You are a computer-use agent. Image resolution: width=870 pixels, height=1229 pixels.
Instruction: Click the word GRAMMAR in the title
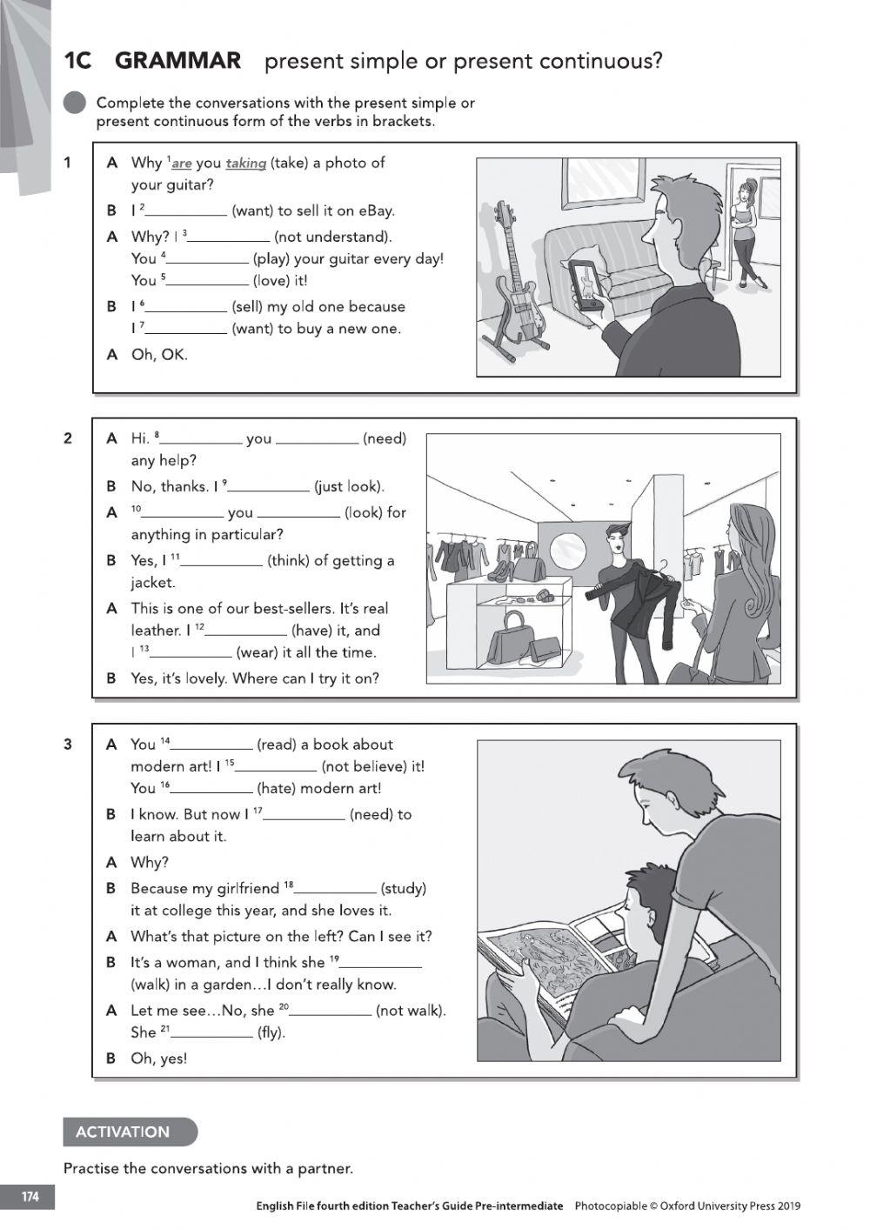point(177,61)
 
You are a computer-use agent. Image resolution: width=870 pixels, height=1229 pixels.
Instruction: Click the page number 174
point(30,1197)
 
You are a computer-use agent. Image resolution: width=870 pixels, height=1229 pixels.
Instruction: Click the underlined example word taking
point(245,163)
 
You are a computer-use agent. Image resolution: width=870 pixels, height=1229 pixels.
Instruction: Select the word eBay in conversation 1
point(376,210)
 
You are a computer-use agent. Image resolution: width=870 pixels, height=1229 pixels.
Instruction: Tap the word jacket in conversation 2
point(153,583)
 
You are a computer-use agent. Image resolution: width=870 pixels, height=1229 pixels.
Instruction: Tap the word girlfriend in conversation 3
point(248,888)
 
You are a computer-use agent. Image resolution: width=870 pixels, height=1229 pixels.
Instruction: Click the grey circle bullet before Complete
point(76,103)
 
